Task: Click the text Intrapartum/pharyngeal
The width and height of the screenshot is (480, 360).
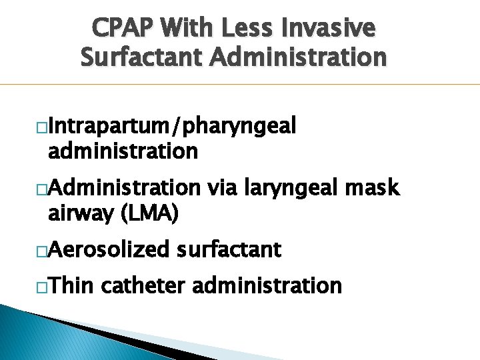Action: (x=172, y=126)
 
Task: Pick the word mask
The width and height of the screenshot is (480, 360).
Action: (x=373, y=188)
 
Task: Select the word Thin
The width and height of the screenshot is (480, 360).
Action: (x=71, y=285)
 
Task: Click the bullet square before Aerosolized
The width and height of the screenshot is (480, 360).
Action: (x=42, y=251)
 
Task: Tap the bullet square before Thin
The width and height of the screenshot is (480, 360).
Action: (x=42, y=287)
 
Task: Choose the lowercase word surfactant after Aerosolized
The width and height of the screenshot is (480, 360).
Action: (x=229, y=250)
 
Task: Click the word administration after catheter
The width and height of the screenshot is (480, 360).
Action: (x=267, y=285)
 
